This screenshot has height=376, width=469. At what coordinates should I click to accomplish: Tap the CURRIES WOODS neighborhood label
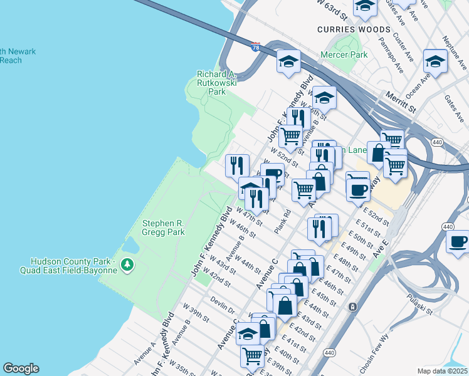[354, 29]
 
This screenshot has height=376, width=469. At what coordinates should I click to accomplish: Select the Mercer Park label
[343, 55]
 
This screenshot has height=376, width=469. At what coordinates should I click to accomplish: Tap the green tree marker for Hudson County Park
[128, 265]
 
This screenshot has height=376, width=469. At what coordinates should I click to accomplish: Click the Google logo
[21, 368]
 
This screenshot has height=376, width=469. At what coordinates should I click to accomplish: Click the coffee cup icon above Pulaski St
[458, 241]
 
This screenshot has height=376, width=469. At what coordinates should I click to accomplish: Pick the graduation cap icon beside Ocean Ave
[435, 61]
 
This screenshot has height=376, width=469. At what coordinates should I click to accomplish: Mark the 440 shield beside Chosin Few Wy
[329, 353]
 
